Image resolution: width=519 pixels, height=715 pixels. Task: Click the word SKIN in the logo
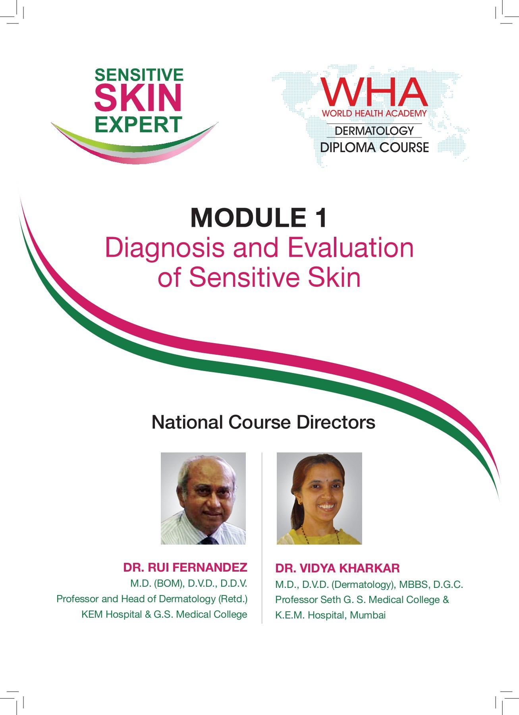point(138,98)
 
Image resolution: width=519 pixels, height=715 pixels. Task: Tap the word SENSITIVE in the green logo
point(139,75)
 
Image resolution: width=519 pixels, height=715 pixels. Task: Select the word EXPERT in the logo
point(138,124)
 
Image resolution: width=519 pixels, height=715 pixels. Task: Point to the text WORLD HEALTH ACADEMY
point(374,113)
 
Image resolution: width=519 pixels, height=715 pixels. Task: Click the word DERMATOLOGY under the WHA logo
point(374,131)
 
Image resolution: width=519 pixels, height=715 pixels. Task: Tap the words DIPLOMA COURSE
point(374,147)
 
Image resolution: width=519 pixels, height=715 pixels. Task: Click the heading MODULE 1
point(259,218)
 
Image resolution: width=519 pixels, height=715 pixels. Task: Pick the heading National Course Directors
point(263,422)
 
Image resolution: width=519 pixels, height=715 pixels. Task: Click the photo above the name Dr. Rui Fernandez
point(203,499)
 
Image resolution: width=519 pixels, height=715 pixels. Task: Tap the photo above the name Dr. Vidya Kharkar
point(319,499)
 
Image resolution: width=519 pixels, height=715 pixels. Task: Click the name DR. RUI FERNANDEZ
point(185,567)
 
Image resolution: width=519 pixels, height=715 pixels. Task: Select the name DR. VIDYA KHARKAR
point(338,568)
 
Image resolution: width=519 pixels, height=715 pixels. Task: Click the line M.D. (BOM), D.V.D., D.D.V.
point(189,584)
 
